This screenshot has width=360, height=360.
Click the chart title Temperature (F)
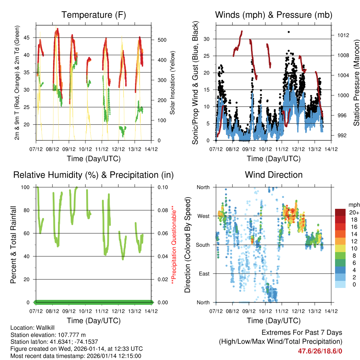click(94, 15)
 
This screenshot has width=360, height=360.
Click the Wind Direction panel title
click(274, 175)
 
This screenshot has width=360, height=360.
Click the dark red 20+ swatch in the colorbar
click(340, 212)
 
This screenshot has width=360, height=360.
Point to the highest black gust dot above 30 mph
click(289, 32)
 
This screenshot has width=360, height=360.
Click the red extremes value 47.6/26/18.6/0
click(320, 351)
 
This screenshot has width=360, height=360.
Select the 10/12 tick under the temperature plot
click(85, 149)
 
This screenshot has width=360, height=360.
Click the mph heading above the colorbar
click(353, 205)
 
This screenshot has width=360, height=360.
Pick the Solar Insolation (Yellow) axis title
click(173, 83)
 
